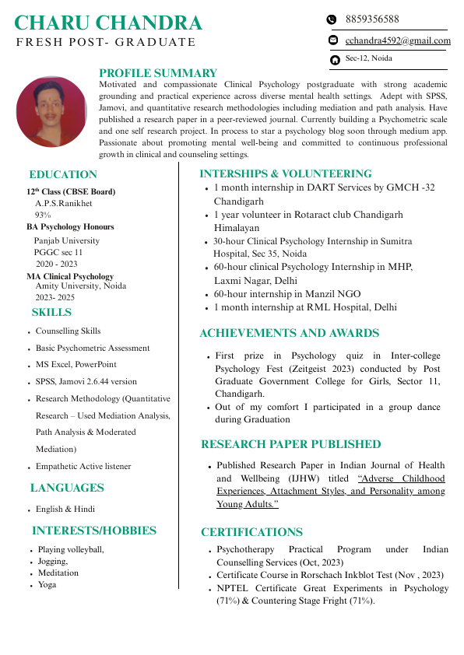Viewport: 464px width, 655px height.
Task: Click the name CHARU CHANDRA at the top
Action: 108,23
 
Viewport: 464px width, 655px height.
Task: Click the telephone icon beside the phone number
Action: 331,19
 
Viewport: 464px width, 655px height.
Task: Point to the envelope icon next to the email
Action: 333,40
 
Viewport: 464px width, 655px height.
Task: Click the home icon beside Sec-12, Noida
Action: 335,59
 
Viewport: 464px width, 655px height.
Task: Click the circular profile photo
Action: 51,111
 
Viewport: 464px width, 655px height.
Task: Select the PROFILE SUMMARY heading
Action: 158,73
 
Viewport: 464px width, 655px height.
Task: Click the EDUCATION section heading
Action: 63,174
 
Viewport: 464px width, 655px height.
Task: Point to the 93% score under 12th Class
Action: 43,215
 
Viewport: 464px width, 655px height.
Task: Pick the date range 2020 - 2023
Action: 56,264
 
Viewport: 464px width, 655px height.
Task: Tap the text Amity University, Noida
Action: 81,286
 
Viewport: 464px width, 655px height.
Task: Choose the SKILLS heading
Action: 51,313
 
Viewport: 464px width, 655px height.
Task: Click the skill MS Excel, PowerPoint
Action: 76,364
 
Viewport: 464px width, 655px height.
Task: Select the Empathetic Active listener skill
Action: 83,467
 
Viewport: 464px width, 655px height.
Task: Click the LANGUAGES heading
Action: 67,488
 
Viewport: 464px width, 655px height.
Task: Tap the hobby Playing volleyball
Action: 71,549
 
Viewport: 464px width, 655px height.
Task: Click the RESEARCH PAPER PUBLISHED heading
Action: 291,444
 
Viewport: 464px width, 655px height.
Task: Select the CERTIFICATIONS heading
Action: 251,532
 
